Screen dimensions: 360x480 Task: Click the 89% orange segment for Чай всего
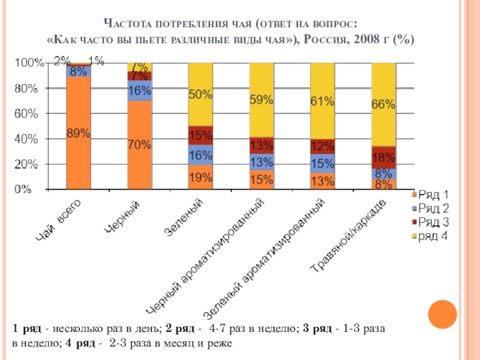(x=78, y=133)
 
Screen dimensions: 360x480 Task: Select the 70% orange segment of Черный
(x=139, y=145)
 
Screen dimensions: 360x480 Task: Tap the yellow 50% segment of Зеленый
(x=200, y=94)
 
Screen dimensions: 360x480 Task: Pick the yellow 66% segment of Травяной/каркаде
(x=383, y=104)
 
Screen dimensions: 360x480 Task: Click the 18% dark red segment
(x=383, y=158)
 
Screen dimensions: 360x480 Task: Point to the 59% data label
(x=262, y=101)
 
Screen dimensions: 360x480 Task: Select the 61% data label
(x=322, y=101)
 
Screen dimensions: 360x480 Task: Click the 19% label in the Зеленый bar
(x=200, y=178)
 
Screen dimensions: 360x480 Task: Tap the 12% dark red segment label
(x=322, y=146)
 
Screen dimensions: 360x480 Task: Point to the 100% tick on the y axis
(x=29, y=63)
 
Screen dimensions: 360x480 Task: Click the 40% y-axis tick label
(x=26, y=139)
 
